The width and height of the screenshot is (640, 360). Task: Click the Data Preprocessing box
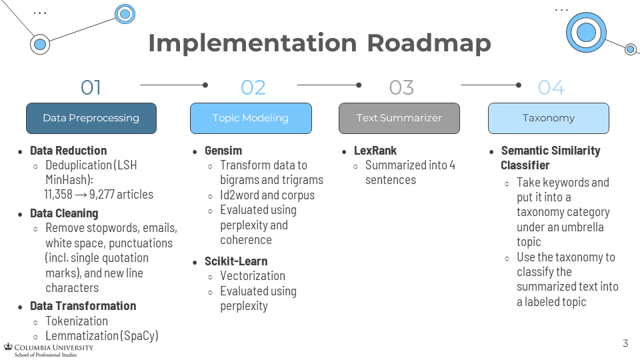pyautogui.click(x=91, y=118)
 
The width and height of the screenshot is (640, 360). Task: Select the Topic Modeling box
pyautogui.click(x=251, y=118)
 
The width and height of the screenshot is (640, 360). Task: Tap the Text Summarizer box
pyautogui.click(x=399, y=118)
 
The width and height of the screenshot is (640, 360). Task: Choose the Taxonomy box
pyautogui.click(x=548, y=118)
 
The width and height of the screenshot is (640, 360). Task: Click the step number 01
pyautogui.click(x=91, y=87)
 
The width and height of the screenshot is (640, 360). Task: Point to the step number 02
pyautogui.click(x=253, y=87)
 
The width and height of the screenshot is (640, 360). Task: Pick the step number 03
pyautogui.click(x=401, y=87)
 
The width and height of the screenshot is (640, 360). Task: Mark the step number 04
pyautogui.click(x=551, y=87)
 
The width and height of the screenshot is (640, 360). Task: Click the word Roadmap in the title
pyautogui.click(x=429, y=44)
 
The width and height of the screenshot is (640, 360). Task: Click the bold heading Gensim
pyautogui.click(x=223, y=151)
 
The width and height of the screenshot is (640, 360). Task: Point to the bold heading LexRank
pyautogui.click(x=375, y=151)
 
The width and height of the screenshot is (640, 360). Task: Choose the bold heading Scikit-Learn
pyautogui.click(x=236, y=261)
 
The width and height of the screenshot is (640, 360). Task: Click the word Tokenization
pyautogui.click(x=77, y=321)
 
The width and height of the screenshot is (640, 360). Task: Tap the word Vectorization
pyautogui.click(x=253, y=276)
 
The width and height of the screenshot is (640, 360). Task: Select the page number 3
pyautogui.click(x=625, y=343)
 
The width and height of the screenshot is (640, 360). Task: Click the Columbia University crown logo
pyautogui.click(x=8, y=347)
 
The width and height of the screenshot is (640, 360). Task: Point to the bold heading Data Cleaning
pyautogui.click(x=64, y=213)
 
